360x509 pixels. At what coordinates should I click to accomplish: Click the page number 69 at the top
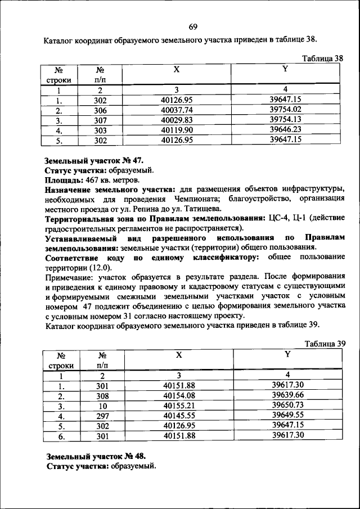[192, 27]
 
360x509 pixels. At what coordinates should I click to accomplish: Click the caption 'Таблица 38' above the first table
[322, 58]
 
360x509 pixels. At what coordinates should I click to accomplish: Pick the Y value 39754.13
[286, 120]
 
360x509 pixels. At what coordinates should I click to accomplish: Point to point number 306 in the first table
[101, 110]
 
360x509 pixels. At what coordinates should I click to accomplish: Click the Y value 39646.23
[286, 129]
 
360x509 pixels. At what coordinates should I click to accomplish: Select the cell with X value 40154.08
[179, 396]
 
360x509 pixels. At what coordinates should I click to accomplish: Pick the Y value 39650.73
[287, 406]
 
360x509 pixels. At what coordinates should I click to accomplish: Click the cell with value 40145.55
[179, 416]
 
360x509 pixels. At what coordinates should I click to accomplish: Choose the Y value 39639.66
[287, 396]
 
